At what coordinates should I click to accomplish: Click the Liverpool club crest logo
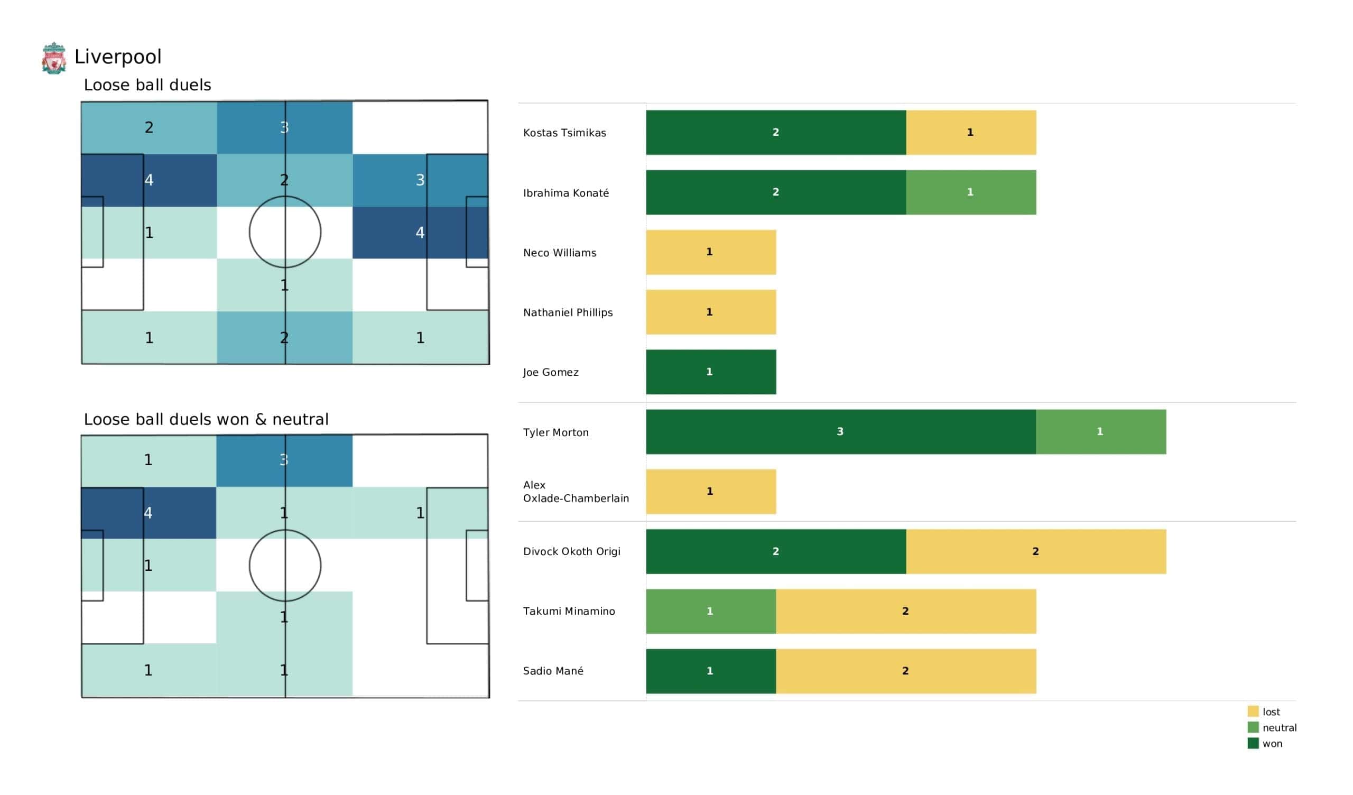[54, 58]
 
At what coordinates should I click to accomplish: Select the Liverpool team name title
[117, 57]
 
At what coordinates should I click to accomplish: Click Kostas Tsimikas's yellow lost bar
[971, 133]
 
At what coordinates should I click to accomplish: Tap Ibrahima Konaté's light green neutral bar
[971, 192]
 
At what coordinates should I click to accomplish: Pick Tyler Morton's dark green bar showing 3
[840, 432]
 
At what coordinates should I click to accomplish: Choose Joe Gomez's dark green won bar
[710, 372]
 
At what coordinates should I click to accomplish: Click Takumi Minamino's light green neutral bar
[710, 611]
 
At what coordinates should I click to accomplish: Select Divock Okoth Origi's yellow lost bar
[1036, 552]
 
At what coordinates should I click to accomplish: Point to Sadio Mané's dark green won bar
[710, 671]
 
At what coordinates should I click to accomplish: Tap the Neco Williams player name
[560, 253]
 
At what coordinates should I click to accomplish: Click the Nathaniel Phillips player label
[568, 312]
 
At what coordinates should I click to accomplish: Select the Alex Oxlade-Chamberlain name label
[576, 492]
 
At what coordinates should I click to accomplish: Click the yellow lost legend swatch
[1253, 711]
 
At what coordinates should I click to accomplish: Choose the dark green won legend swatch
[1253, 744]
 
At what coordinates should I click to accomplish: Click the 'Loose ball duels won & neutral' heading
[206, 420]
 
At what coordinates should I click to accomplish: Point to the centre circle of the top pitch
[285, 232]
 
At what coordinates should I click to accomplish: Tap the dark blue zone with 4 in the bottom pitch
[149, 513]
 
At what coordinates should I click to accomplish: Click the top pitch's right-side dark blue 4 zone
[420, 233]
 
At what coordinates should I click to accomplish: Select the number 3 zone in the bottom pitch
[284, 460]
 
